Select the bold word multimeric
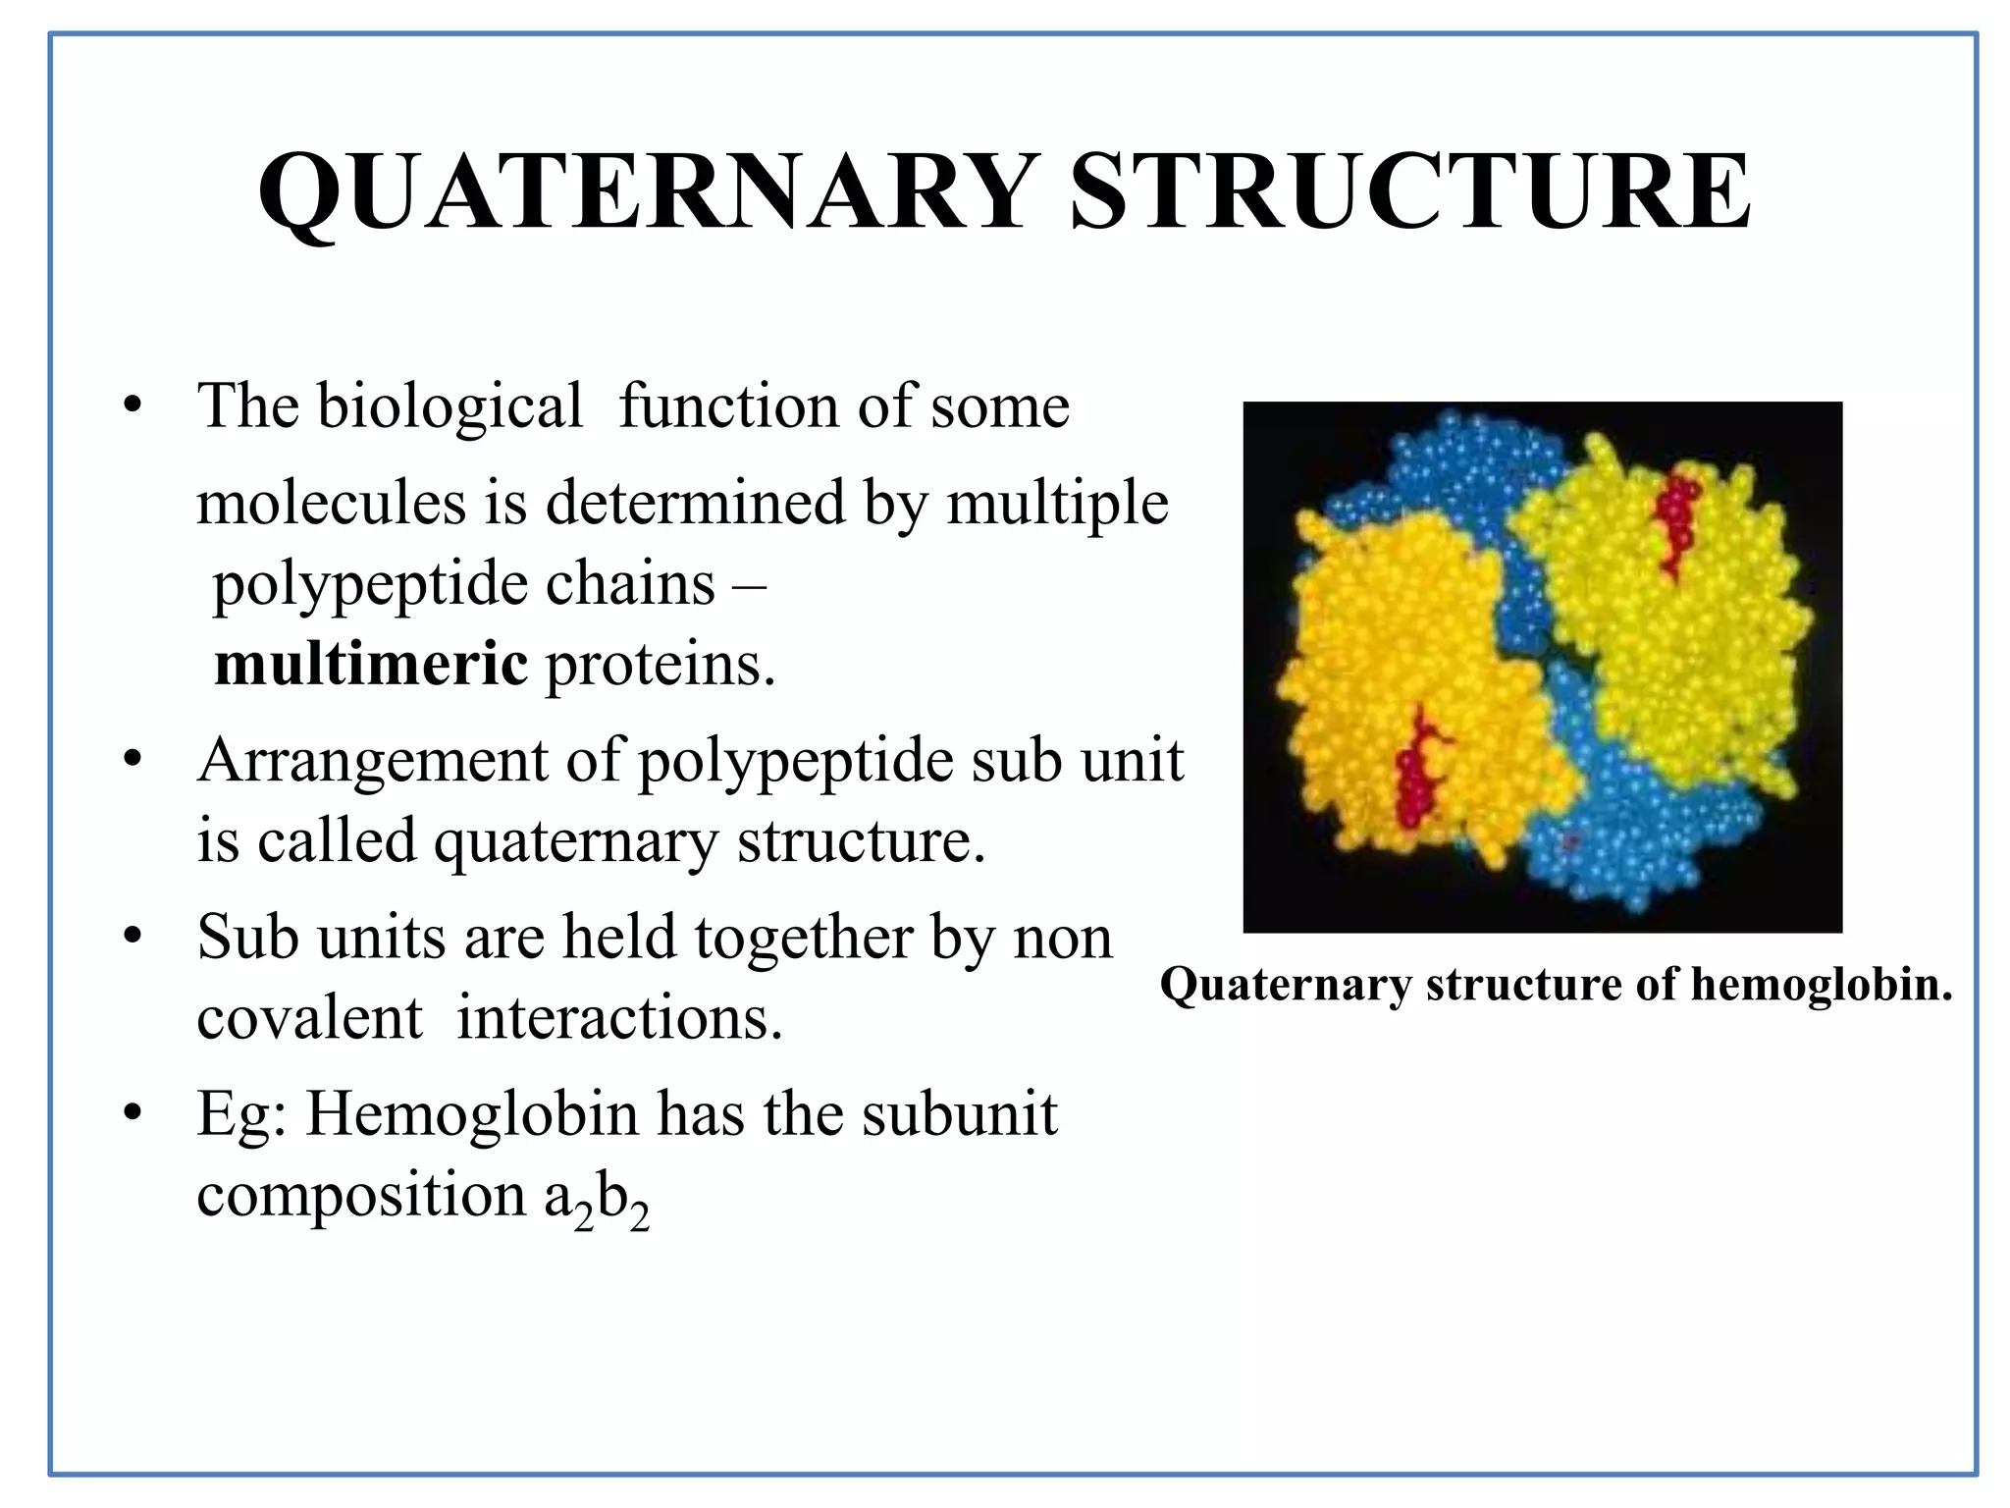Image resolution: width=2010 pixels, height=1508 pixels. coord(371,664)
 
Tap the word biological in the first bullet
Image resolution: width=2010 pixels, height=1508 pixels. coord(450,405)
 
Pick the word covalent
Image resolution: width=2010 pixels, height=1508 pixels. coord(309,1017)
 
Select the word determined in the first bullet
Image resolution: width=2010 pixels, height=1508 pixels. coord(695,503)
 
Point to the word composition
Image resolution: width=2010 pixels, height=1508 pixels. coord(361,1195)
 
